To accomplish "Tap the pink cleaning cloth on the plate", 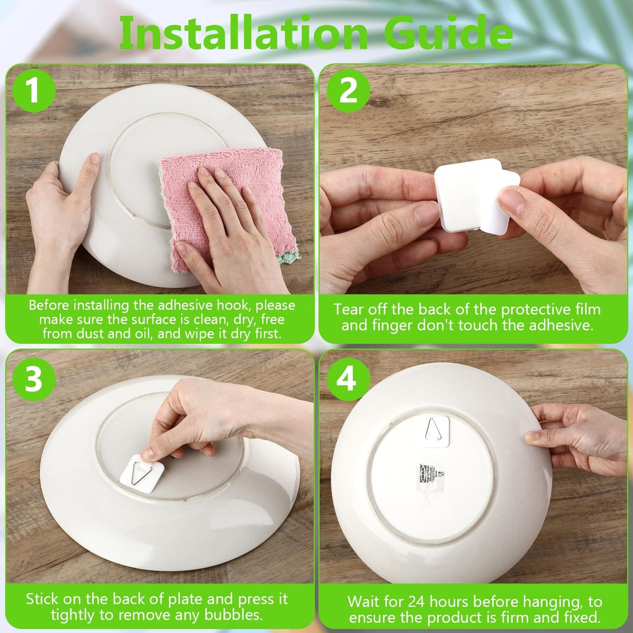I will (222, 206).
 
